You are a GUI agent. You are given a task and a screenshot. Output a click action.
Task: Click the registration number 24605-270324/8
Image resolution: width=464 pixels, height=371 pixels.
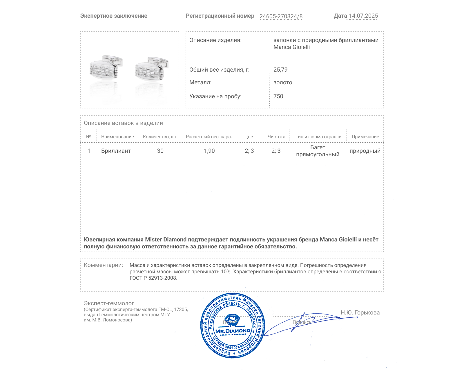coord(281,16)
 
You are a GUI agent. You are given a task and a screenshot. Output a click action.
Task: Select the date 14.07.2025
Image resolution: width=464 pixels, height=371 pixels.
coord(363,16)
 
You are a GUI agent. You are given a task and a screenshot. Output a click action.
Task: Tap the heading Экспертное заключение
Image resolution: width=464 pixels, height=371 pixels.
coord(114,16)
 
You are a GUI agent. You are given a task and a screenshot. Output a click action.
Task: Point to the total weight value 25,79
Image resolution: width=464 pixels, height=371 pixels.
coord(280,70)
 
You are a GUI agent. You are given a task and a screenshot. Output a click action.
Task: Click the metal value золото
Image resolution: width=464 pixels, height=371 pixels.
coord(283,83)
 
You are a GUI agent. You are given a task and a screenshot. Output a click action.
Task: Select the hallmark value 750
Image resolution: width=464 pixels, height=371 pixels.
coord(278,97)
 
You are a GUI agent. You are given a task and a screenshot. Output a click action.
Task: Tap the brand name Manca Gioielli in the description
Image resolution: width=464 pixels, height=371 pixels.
coord(291,47)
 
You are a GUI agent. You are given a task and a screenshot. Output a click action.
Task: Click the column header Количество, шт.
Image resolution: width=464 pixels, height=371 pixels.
coord(160,137)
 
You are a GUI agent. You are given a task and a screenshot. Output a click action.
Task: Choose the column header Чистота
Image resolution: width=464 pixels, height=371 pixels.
coord(276,137)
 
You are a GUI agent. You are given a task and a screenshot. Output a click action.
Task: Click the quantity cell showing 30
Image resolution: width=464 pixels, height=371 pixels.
coord(160,151)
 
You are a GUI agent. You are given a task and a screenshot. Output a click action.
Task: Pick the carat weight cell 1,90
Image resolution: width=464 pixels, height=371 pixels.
coord(209,151)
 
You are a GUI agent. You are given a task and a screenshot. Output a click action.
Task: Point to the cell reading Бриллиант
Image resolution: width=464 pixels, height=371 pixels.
coord(116,151)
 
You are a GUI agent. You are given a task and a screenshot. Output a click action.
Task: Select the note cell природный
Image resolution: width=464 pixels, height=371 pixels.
coord(365,151)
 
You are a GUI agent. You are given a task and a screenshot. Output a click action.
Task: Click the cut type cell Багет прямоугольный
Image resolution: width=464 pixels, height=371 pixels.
coord(318,151)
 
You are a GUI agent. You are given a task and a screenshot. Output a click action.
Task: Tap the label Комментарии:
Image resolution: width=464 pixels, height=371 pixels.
coord(103,265)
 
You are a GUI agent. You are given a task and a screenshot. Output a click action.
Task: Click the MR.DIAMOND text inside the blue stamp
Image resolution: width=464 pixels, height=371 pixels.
coord(233,331)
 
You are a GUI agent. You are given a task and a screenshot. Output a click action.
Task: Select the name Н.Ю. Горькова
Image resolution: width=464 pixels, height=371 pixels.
coord(360,313)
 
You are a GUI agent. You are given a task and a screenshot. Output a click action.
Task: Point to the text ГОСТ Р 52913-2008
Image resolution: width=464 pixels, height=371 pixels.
coord(153,278)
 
